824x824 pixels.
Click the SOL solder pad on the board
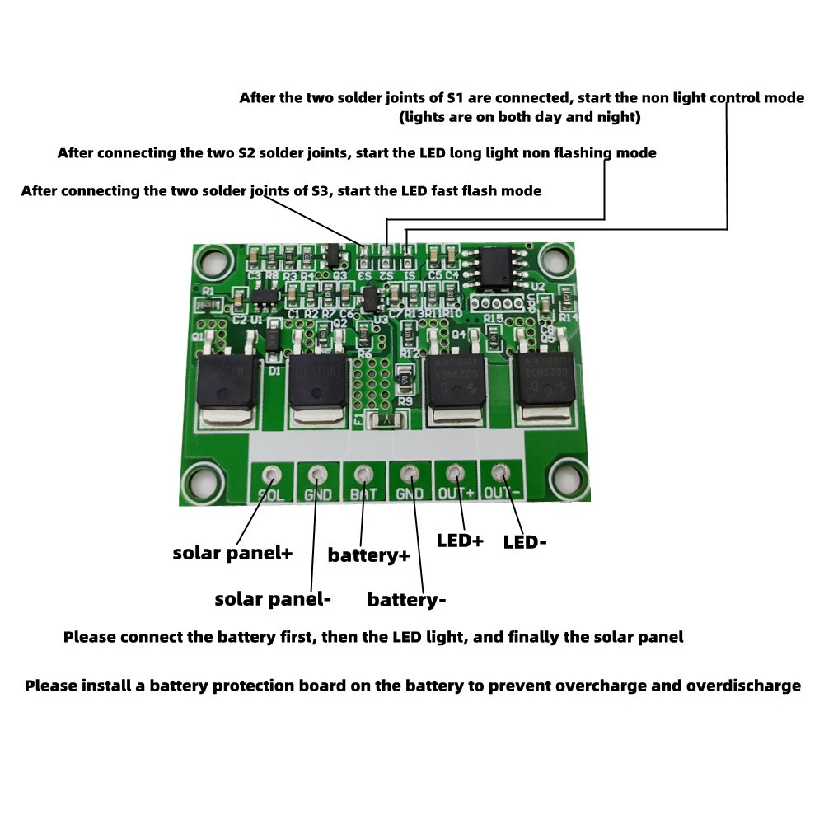[271, 475]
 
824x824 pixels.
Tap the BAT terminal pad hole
[363, 475]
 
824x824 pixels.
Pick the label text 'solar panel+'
[232, 553]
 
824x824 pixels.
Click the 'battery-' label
[406, 599]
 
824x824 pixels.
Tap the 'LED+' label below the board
[460, 541]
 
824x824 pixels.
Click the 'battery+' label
[368, 555]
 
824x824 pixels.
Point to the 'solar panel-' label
[273, 599]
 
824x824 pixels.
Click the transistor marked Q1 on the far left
[227, 379]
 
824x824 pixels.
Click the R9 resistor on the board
[405, 381]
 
